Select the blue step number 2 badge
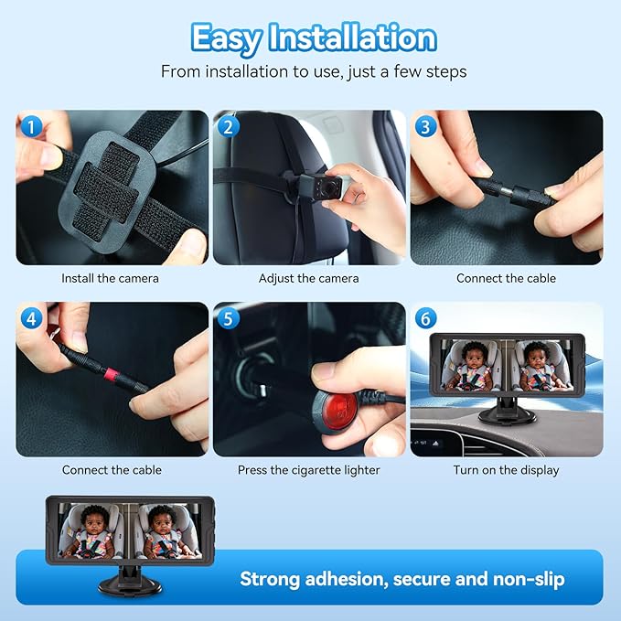[227, 127]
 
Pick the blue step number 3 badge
[424, 127]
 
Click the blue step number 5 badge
[227, 319]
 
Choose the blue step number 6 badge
[424, 319]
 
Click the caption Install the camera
[110, 278]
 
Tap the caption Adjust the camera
[308, 278]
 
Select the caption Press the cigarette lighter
[308, 470]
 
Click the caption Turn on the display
[506, 470]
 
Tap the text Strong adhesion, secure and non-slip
[402, 579]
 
